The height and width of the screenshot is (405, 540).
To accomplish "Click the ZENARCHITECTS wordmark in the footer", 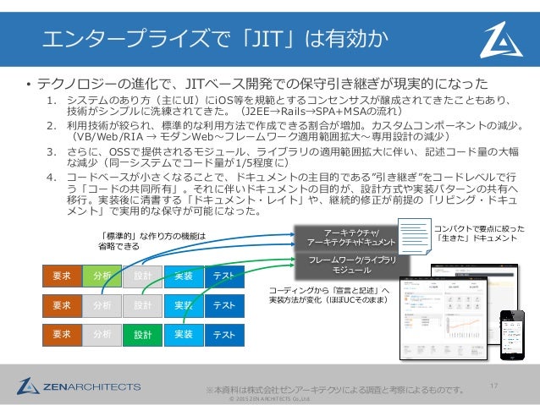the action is (x=94, y=386).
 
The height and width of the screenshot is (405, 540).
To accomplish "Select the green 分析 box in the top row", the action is (x=102, y=276).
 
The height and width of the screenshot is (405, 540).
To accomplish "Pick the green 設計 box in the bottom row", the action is (x=142, y=334).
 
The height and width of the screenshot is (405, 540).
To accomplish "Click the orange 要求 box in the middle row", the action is (x=62, y=305).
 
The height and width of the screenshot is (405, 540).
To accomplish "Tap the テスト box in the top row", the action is (x=223, y=276).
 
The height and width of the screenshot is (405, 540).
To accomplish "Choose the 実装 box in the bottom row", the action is (x=183, y=334).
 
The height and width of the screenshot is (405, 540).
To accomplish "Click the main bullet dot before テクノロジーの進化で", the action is (x=27, y=85).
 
